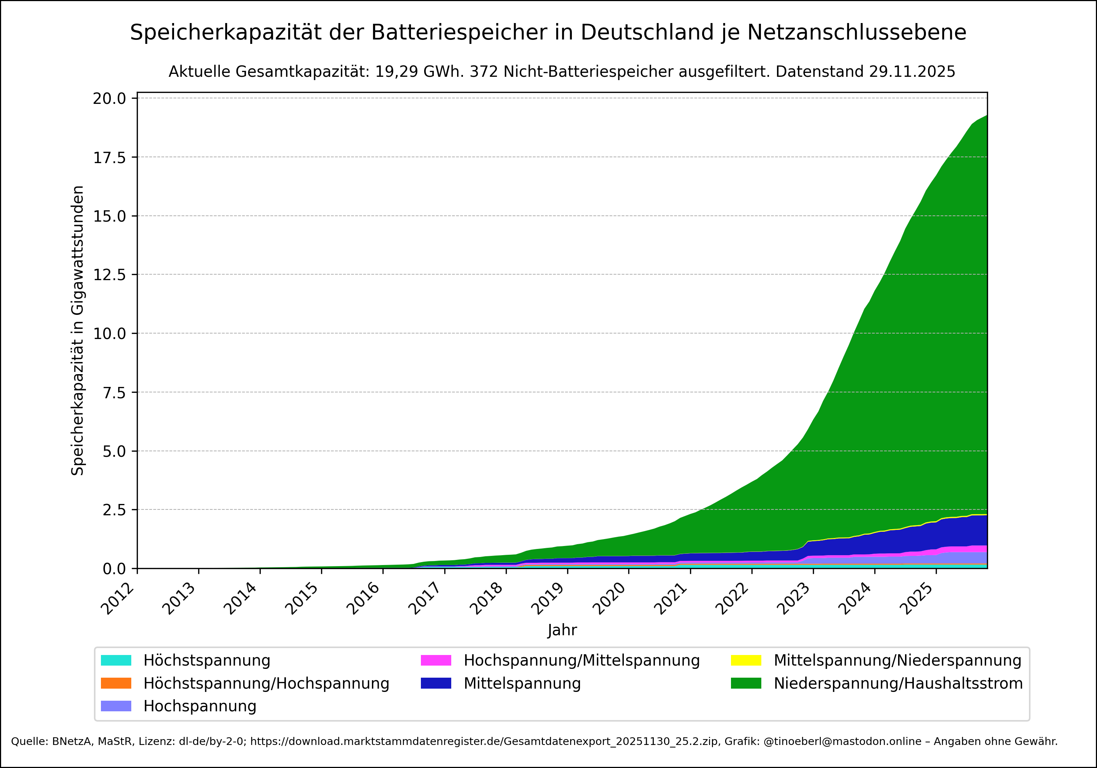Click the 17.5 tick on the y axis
(x=109, y=157)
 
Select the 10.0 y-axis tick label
(x=109, y=334)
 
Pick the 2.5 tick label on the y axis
(x=114, y=510)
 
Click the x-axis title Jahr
(x=562, y=630)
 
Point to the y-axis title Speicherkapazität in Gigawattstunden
(x=78, y=330)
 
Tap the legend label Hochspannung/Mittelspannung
(x=581, y=660)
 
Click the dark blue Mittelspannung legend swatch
(x=436, y=684)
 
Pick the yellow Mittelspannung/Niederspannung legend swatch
(x=746, y=660)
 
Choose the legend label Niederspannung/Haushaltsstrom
(x=898, y=684)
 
